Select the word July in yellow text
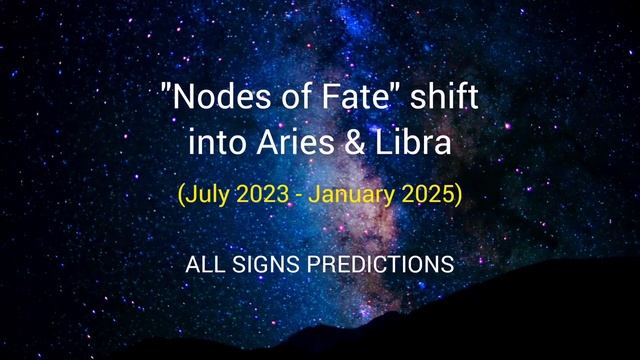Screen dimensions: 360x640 pos(205,194)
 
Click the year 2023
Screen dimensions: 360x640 pos(263,194)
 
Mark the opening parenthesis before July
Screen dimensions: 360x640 pos(180,194)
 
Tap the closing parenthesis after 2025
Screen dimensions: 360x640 pos(459,194)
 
